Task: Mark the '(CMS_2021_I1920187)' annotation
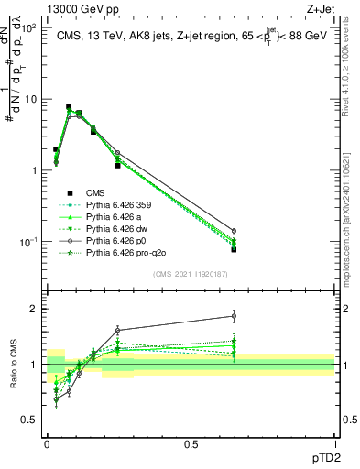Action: pos(190,272)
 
